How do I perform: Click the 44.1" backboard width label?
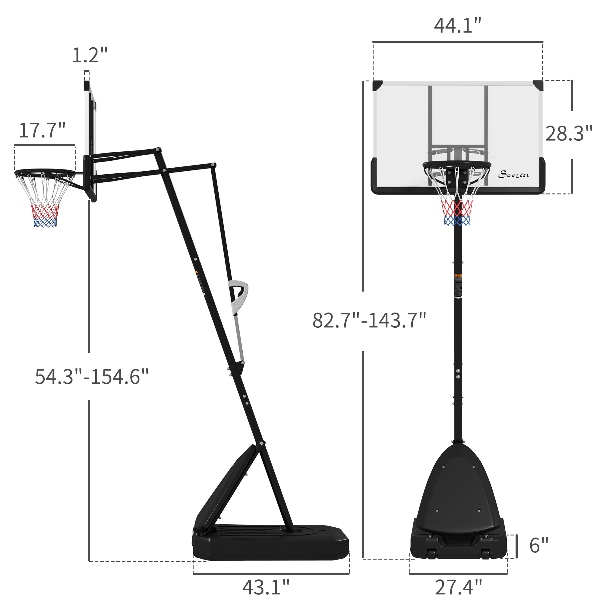457,26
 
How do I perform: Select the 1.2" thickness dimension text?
90,55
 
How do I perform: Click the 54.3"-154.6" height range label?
91,377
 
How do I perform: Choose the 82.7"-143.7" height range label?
369,320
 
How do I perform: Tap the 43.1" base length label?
266,587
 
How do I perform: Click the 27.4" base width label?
458,587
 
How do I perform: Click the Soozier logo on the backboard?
513,175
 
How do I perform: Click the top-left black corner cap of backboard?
377,86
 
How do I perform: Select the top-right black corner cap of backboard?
538,85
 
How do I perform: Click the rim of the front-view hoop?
456,165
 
